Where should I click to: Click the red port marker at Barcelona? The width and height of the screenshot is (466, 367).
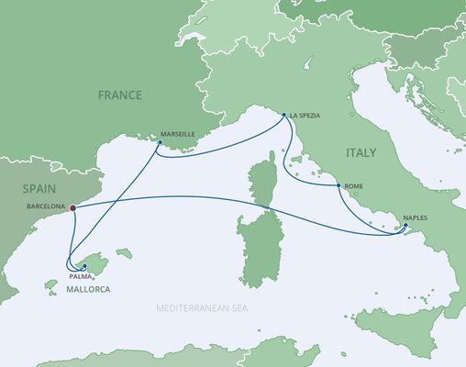(72, 207)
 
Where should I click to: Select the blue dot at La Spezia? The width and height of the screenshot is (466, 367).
(283, 116)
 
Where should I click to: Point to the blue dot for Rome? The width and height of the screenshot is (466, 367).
(339, 186)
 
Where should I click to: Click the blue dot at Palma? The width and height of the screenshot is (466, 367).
(84, 266)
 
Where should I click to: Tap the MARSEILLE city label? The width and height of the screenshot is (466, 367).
(177, 134)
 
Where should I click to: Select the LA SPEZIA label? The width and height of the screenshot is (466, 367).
(305, 117)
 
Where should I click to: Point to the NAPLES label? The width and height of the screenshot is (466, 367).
(414, 220)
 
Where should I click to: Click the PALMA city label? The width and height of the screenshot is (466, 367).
(79, 274)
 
